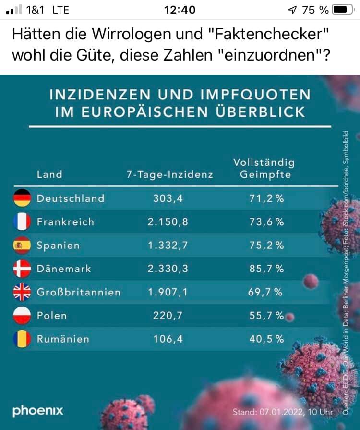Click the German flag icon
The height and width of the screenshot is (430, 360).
pos(22,198)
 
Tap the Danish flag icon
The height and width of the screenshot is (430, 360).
pos(22,269)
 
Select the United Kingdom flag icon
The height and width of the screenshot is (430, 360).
pos(22,292)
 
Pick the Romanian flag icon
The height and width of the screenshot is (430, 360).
pos(22,339)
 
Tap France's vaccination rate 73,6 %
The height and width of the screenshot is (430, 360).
pos(266,221)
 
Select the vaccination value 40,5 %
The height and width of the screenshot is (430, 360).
pos(266,339)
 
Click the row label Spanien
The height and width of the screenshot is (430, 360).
pos(58,245)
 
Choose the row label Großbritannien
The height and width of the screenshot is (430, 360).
pos(78,292)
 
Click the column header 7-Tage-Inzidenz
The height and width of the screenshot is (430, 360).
pos(169,174)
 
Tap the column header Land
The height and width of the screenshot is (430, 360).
pos(49,174)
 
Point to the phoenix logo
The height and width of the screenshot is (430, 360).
pos(38,411)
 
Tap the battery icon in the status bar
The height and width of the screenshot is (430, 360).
pos(342,10)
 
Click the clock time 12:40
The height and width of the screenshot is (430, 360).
pos(180,10)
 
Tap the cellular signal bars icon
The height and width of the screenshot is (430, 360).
pos(15,10)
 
